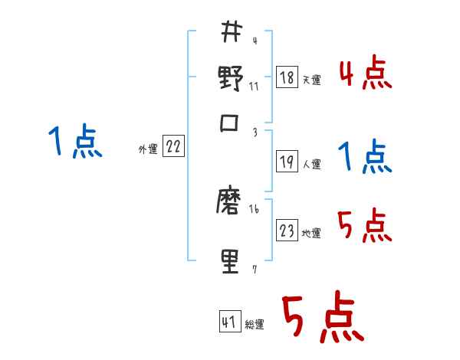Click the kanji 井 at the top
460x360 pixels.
231,32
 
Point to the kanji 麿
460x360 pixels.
231,205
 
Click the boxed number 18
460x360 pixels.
287,77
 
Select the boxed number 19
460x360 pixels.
287,162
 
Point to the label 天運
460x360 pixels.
311,80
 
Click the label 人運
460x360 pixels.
311,164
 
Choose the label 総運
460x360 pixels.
255,325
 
